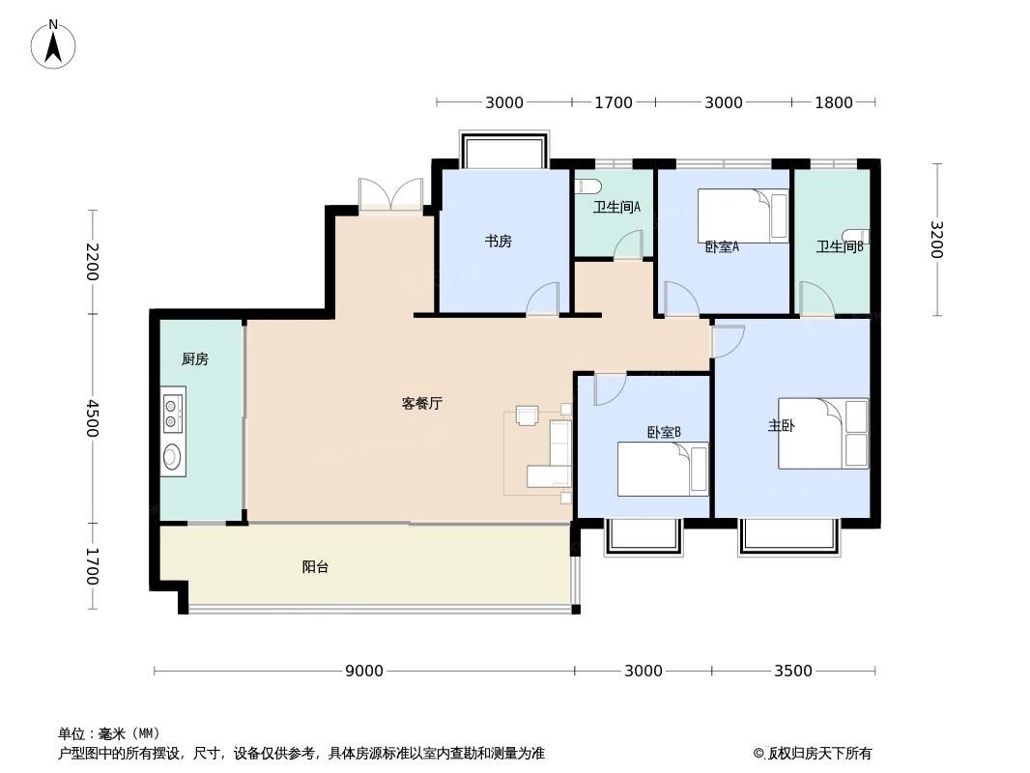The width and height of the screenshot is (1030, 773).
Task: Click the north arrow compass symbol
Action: coord(53,44)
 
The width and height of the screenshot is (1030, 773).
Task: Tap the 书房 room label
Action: coord(498,241)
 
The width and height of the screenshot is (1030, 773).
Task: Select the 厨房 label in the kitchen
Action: coord(195,358)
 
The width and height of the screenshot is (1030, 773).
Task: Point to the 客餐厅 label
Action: coord(421,403)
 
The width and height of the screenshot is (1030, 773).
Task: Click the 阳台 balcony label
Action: coord(315,566)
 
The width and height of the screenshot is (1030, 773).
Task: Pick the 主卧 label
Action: coord(781,425)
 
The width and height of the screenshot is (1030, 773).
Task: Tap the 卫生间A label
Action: coord(616,207)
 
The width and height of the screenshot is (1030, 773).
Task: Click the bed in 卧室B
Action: coord(663,469)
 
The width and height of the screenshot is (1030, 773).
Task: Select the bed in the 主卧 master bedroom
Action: coord(823,434)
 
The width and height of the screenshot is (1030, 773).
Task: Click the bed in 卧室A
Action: coord(743,216)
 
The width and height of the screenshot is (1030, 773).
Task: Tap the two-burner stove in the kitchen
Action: coord(172,414)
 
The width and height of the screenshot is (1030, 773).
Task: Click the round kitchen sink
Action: coord(172,456)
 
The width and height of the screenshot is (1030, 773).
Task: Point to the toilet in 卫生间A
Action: coord(586,186)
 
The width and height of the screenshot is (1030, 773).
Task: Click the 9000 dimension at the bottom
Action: coord(364,671)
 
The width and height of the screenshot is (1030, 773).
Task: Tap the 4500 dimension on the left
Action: coord(92,418)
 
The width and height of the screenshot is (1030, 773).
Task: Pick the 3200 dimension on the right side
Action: coord(936,240)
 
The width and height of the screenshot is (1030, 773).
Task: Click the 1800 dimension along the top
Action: coord(834,102)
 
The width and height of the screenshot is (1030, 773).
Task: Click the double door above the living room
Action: coord(390,194)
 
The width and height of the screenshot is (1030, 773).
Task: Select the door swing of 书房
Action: coord(543,299)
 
